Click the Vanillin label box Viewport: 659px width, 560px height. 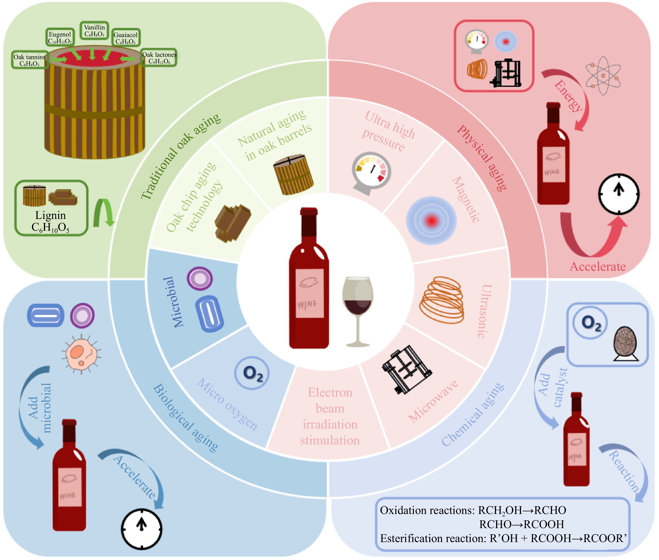[94, 30]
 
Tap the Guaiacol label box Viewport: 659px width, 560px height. [126, 38]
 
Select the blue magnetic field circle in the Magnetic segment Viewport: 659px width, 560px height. [431, 220]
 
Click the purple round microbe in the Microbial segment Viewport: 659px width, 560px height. [199, 279]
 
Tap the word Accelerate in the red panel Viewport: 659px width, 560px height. [597, 266]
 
